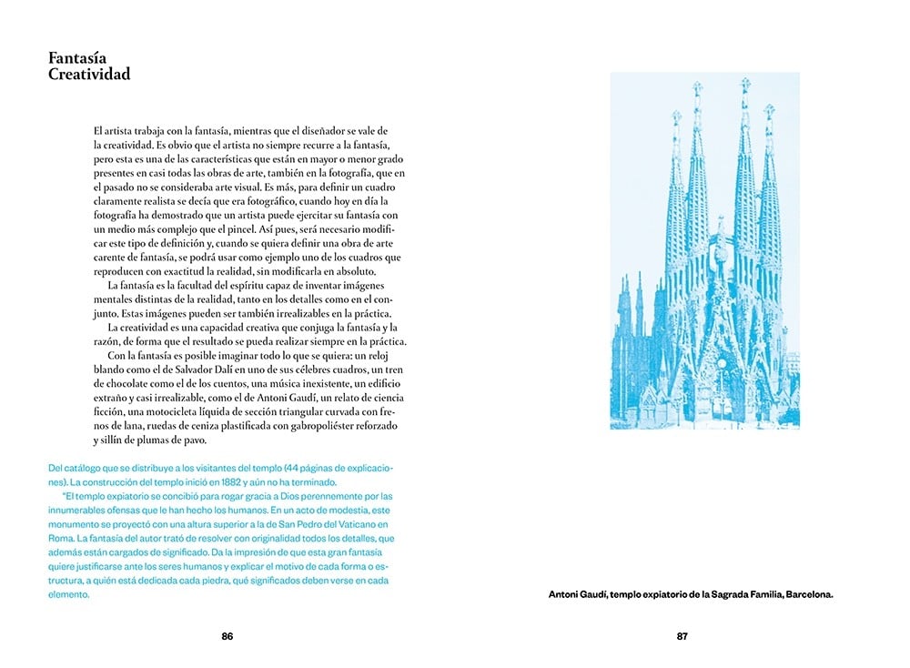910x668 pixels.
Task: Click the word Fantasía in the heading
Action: coord(77,59)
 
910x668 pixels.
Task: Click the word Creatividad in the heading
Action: coord(89,75)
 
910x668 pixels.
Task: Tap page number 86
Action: coord(227,636)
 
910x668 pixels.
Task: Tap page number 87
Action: coord(682,636)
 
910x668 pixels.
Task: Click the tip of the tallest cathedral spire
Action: coord(745,81)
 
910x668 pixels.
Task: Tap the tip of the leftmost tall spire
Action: coord(676,114)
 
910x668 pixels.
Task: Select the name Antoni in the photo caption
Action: coord(571,595)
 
